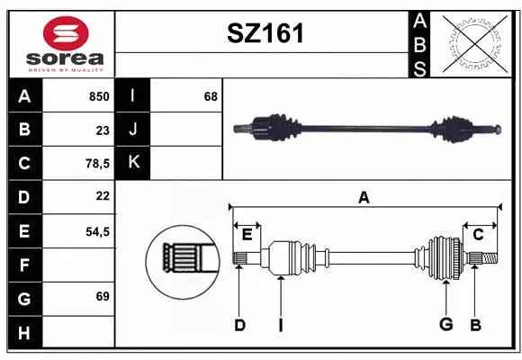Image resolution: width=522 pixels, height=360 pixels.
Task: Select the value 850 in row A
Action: point(98,96)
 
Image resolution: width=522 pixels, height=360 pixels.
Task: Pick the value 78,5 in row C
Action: point(96,164)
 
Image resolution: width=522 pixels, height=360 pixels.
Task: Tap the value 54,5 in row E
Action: point(96,231)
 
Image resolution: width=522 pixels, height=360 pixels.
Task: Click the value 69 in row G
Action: point(102,296)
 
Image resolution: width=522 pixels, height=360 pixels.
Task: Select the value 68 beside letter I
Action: point(211,96)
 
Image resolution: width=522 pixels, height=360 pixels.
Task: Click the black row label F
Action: point(24,265)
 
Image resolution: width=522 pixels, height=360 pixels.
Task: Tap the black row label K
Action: point(133,163)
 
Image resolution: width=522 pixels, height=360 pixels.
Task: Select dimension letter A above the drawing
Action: point(364,197)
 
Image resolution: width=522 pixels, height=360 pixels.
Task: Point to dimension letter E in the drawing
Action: point(247,235)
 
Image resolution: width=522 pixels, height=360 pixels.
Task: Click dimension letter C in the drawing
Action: point(478,235)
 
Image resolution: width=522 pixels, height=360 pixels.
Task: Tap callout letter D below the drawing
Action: point(239,325)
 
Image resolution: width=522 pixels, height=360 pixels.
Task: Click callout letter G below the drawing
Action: point(445,325)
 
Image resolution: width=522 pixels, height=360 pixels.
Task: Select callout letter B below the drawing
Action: point(476,325)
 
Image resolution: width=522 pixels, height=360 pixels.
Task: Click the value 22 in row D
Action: point(102,196)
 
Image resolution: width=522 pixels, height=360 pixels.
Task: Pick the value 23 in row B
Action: point(102,130)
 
